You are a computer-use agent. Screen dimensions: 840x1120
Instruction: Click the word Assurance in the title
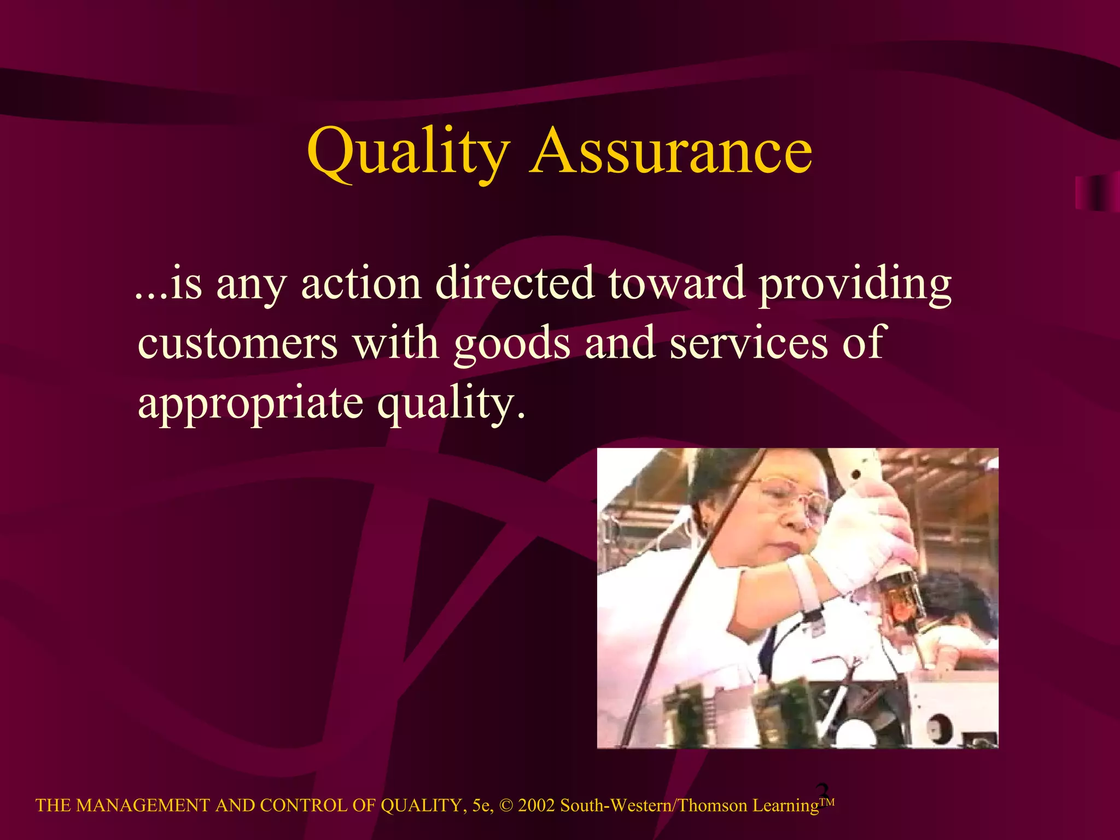point(671,150)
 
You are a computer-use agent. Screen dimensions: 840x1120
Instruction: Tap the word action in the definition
point(361,284)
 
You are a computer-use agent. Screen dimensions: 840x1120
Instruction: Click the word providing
point(855,285)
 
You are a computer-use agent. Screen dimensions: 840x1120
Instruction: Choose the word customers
point(237,343)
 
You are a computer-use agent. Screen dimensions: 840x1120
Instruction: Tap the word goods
point(512,344)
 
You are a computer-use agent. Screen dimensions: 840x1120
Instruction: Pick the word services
point(749,343)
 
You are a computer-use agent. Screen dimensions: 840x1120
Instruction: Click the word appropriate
point(250,404)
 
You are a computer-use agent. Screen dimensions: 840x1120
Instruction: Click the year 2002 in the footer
point(536,806)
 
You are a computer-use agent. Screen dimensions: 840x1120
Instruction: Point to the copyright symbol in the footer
point(506,806)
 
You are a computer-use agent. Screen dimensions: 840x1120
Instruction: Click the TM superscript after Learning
point(827,802)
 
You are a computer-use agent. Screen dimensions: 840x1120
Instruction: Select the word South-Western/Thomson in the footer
point(654,806)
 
